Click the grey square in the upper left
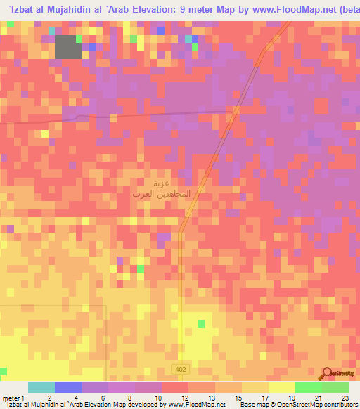[x=68, y=46]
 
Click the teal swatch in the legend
[x=41, y=387]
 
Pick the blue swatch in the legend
[x=68, y=387]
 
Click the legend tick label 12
[x=186, y=398]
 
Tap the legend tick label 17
[x=266, y=398]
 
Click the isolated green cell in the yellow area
[x=202, y=323]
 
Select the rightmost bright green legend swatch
[x=335, y=387]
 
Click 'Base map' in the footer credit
[x=252, y=405]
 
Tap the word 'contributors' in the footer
[x=336, y=405]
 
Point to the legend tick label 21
[x=319, y=398]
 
